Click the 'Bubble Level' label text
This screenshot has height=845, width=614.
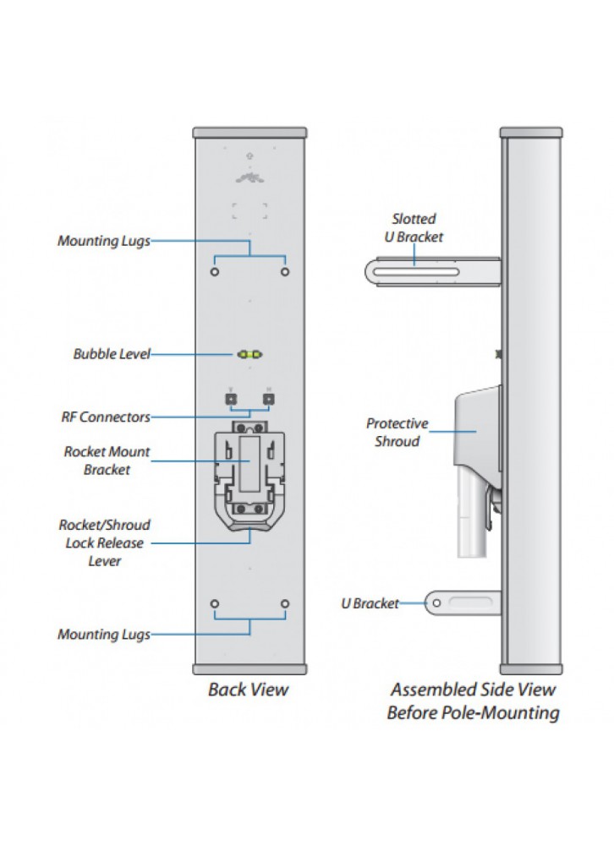111,354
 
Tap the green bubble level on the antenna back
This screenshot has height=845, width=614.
249,353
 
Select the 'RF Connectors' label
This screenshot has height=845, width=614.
106,417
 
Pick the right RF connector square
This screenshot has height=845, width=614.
269,398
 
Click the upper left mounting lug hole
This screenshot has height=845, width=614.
214,272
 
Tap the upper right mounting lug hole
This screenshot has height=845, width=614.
285,272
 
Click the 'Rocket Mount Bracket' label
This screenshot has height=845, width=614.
107,461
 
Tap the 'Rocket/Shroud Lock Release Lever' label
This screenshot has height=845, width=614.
105,542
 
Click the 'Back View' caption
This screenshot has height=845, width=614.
249,690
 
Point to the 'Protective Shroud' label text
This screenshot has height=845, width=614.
397,432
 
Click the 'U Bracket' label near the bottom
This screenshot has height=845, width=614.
370,603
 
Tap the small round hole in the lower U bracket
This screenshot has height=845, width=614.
436,602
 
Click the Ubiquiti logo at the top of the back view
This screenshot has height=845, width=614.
249,177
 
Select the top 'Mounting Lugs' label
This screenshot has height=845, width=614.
103,241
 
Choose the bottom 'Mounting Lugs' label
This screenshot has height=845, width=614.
103,634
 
